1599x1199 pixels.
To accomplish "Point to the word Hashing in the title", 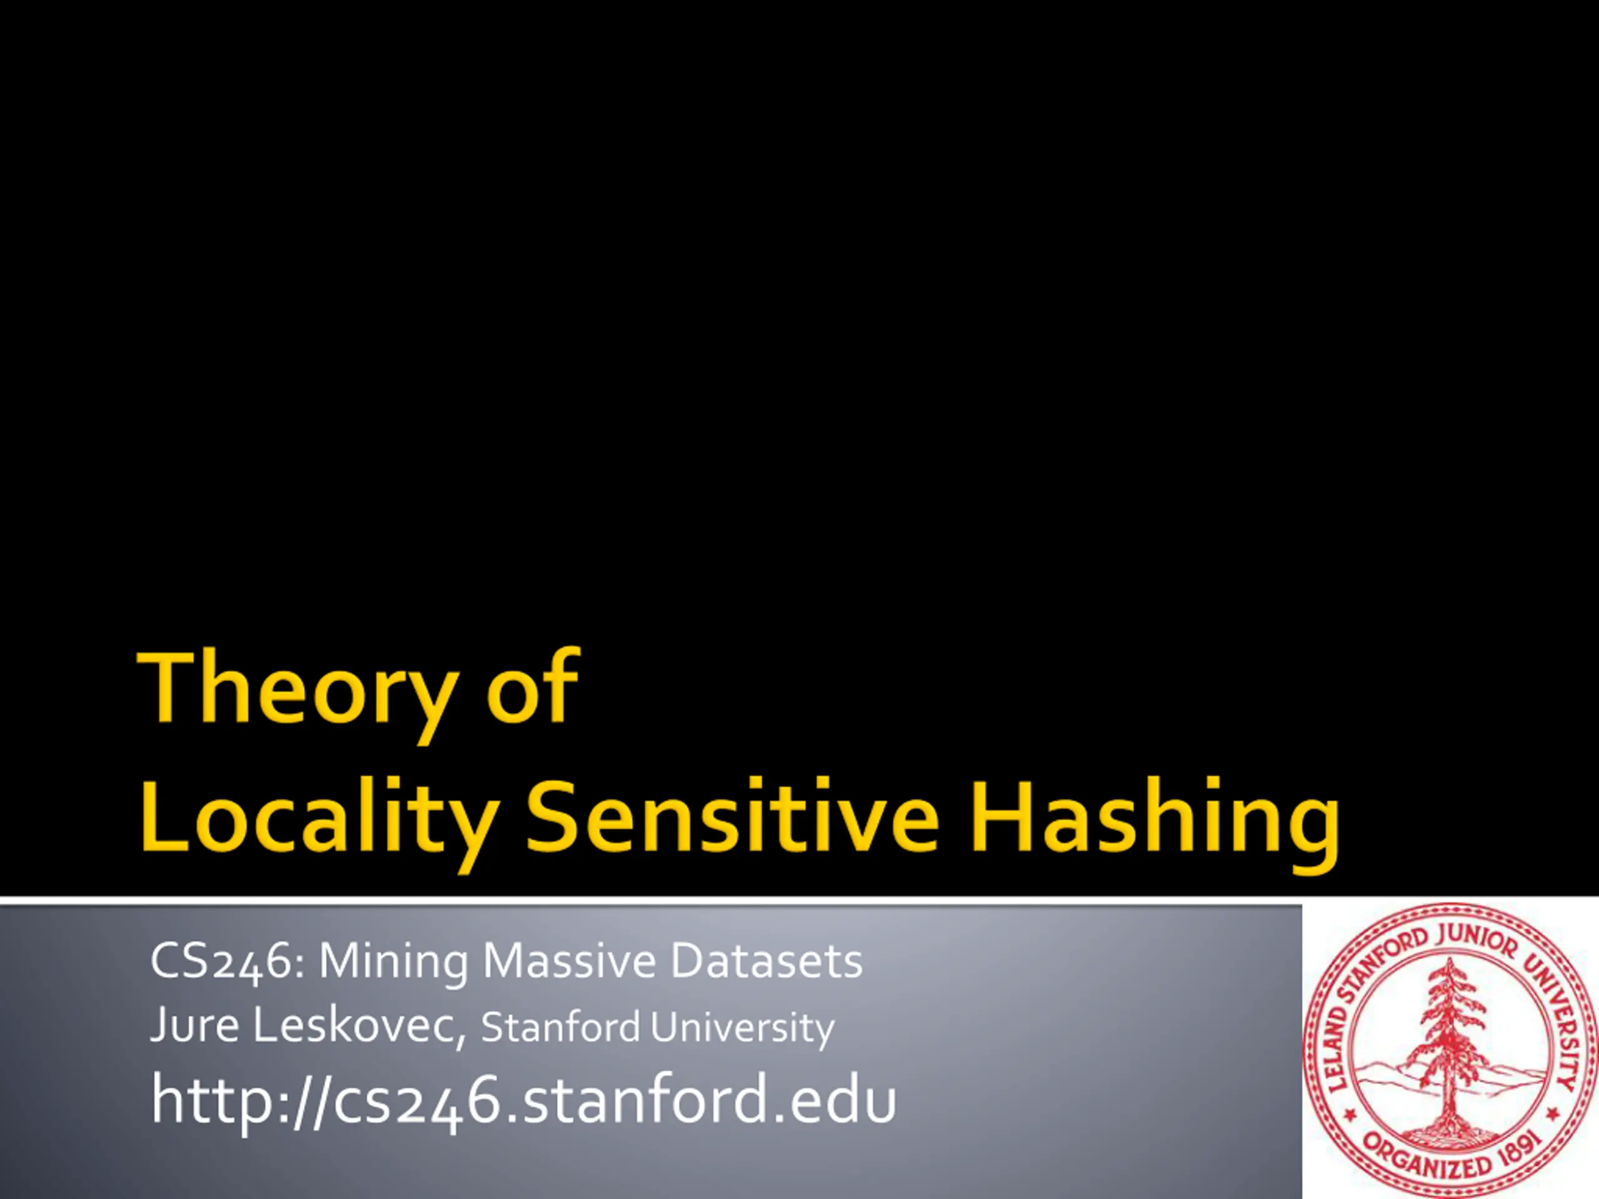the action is point(1154,824).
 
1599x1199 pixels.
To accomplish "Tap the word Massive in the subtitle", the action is point(570,961).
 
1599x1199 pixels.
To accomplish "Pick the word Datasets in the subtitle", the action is point(767,961).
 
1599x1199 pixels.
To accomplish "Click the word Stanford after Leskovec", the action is point(560,1027).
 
